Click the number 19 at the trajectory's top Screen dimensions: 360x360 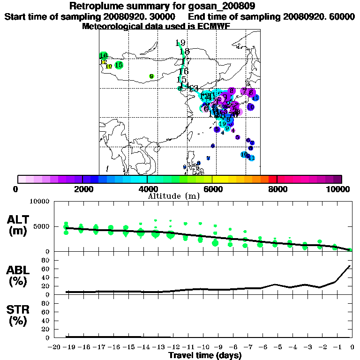[x=180, y=43]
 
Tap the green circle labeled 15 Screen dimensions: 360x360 [x=119, y=65]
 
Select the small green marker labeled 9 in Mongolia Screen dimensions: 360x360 [x=151, y=76]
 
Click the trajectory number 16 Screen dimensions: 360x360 [x=183, y=71]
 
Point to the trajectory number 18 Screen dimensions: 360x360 [x=184, y=52]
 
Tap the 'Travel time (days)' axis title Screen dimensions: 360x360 [x=205, y=356]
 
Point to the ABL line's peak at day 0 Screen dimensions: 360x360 [x=350, y=266]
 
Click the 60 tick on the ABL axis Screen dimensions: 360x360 [x=46, y=269]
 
